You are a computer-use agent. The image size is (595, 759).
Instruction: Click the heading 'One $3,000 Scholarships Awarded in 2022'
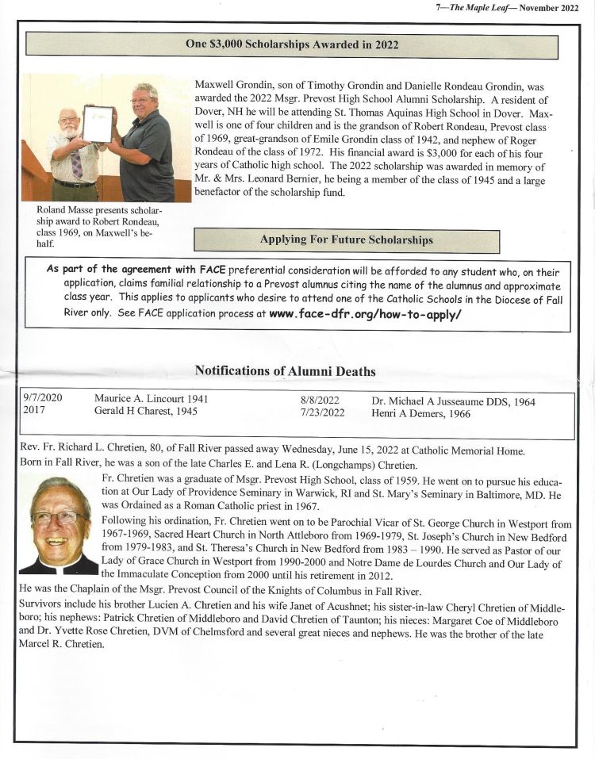pos(292,45)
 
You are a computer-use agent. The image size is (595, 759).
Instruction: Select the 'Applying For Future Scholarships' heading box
pos(347,240)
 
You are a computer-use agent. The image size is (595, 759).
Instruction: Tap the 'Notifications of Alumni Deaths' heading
pos(285,371)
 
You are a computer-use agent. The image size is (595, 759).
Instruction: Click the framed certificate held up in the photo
pos(97,124)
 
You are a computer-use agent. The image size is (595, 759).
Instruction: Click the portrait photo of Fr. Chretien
pos(59,524)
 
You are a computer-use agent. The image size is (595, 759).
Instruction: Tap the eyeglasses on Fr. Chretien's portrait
pos(59,517)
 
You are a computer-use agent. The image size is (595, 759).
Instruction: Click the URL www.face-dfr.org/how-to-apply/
pos(365,314)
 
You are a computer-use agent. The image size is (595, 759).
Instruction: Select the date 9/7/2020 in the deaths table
pos(44,400)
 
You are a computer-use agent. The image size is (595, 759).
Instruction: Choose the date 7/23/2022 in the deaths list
pos(322,412)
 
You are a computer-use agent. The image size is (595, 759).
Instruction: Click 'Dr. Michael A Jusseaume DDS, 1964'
pos(453,401)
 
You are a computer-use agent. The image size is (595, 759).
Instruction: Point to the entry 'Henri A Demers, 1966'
pos(420,413)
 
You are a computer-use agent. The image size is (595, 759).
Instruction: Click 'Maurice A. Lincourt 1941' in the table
pos(151,400)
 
